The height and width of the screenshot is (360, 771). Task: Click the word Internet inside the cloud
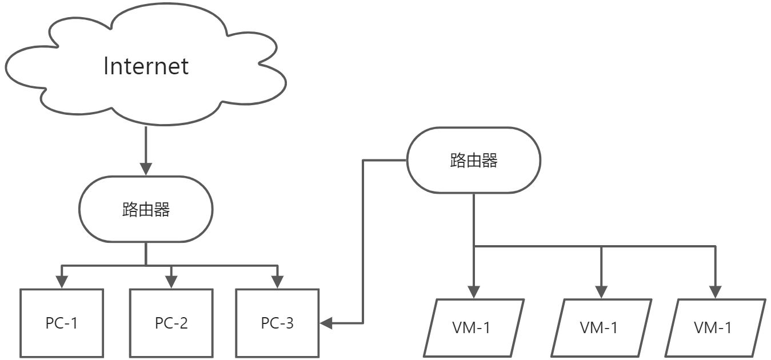tap(146, 66)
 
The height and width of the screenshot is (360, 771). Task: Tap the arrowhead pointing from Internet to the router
tap(146, 169)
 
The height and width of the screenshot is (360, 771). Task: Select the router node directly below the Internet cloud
tap(146, 210)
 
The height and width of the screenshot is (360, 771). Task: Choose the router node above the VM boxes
tap(473, 161)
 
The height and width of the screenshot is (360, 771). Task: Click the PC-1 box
tap(62, 323)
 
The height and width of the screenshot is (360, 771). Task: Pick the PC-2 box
tap(171, 323)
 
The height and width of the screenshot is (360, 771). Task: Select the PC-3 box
tap(277, 323)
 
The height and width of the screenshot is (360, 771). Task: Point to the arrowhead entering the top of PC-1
tap(62, 282)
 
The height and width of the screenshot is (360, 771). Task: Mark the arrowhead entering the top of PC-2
tap(171, 282)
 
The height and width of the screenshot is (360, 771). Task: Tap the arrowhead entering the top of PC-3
tap(277, 282)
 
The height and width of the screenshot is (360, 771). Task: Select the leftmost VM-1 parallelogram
tap(473, 327)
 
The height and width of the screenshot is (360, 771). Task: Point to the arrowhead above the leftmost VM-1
tap(473, 291)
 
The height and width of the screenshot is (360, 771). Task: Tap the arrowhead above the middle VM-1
tap(601, 291)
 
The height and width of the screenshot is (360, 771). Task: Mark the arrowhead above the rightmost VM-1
tap(714, 291)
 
